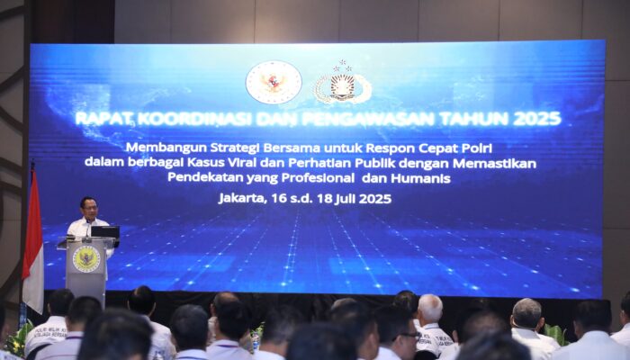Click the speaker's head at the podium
[x=87, y=206]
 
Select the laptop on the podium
[x=105, y=232]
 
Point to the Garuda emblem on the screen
[x=274, y=83]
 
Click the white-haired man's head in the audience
[x=430, y=308]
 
